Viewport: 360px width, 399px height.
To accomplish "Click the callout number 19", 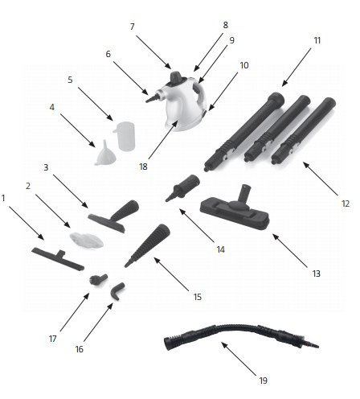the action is pyautogui.click(x=263, y=380).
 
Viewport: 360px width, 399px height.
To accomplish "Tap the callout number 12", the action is pyautogui.click(x=346, y=204).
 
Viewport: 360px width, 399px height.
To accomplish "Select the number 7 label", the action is pyautogui.click(x=132, y=27).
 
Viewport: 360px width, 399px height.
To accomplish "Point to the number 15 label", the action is pyautogui.click(x=197, y=297).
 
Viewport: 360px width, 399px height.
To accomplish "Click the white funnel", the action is pyautogui.click(x=105, y=154).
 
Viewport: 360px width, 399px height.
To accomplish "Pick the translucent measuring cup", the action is pyautogui.click(x=125, y=136).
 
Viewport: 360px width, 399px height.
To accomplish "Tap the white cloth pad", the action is pyautogui.click(x=86, y=241).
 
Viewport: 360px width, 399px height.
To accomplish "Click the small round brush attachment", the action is pyautogui.click(x=98, y=280).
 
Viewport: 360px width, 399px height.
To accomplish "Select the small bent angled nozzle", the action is pyautogui.click(x=117, y=290).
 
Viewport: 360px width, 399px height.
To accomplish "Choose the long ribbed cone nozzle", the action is pyautogui.click(x=147, y=245).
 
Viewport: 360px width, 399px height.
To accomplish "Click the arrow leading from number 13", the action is pyautogui.click(x=290, y=251).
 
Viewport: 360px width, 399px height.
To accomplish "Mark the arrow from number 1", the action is pyautogui.click(x=27, y=223).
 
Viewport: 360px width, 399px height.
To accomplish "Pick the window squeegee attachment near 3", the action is pyautogui.click(x=113, y=216).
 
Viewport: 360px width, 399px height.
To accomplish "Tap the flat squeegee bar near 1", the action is pyautogui.click(x=58, y=258).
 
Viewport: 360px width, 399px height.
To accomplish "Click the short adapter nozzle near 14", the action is pyautogui.click(x=182, y=187).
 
